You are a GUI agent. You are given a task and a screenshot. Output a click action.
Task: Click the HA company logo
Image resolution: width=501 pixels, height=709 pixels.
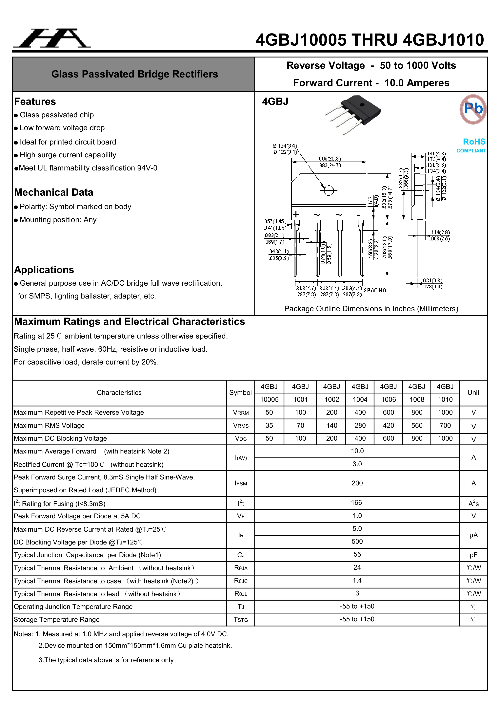point(52,39)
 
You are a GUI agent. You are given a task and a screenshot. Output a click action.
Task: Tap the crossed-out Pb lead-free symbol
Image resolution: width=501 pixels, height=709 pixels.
point(473,109)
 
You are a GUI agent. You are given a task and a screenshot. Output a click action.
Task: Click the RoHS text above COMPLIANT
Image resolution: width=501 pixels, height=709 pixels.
point(474,142)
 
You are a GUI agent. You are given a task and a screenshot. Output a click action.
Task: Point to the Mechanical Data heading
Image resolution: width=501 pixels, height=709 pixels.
point(54,192)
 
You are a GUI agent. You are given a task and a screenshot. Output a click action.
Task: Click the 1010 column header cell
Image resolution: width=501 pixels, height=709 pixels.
point(445,400)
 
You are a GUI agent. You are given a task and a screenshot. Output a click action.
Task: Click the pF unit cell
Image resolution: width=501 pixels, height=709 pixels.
point(473,555)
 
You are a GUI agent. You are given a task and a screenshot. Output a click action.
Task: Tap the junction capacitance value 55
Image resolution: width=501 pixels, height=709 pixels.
point(357,555)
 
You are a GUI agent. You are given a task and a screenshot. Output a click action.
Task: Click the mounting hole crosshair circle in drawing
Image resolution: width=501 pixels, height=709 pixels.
point(329,190)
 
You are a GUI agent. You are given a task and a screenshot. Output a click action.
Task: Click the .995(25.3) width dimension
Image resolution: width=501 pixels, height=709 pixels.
point(330,159)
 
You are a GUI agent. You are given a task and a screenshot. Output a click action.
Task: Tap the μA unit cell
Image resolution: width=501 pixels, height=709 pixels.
point(473,535)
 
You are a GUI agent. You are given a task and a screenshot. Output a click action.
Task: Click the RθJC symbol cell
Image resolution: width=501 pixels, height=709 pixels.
point(241,581)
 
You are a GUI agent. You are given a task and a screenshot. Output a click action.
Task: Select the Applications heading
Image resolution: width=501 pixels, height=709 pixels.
point(44,270)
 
